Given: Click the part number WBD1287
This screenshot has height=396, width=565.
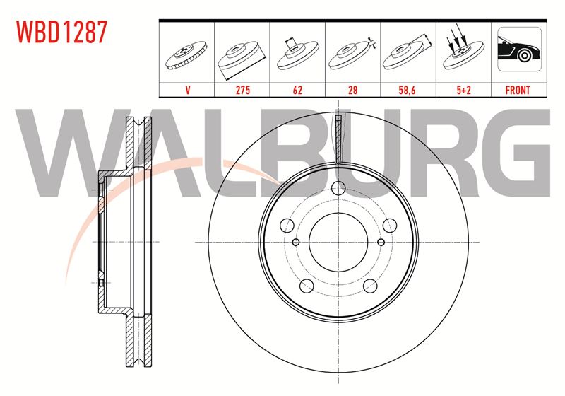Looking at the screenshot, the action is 62,32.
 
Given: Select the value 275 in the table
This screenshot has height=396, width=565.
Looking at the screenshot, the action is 242,90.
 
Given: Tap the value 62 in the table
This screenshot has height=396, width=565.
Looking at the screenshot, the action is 297,90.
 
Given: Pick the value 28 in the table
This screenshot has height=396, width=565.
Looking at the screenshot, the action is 352,90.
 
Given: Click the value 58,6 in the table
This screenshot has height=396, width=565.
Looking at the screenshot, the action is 408,90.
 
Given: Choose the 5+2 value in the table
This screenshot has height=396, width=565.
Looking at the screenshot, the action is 463,90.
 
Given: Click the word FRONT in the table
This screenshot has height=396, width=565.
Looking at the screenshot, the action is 518,90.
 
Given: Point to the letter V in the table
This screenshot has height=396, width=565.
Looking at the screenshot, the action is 187,90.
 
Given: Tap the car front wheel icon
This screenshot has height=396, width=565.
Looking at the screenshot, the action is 519,49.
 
